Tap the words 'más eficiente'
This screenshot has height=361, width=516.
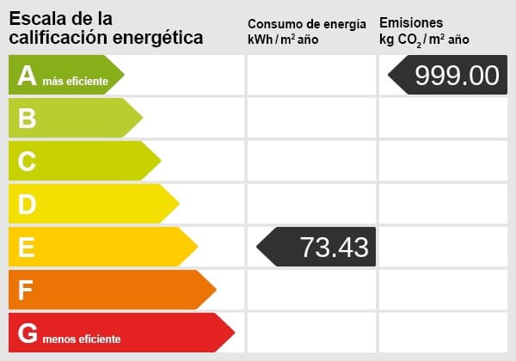(76, 82)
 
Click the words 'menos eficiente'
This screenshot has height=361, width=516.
(83, 339)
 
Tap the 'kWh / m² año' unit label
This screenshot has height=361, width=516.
(283, 40)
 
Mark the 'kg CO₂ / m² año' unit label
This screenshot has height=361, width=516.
(424, 40)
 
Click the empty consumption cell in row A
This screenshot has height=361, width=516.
(311, 75)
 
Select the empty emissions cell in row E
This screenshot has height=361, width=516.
(442, 247)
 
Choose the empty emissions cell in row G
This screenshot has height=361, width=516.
(442, 333)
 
